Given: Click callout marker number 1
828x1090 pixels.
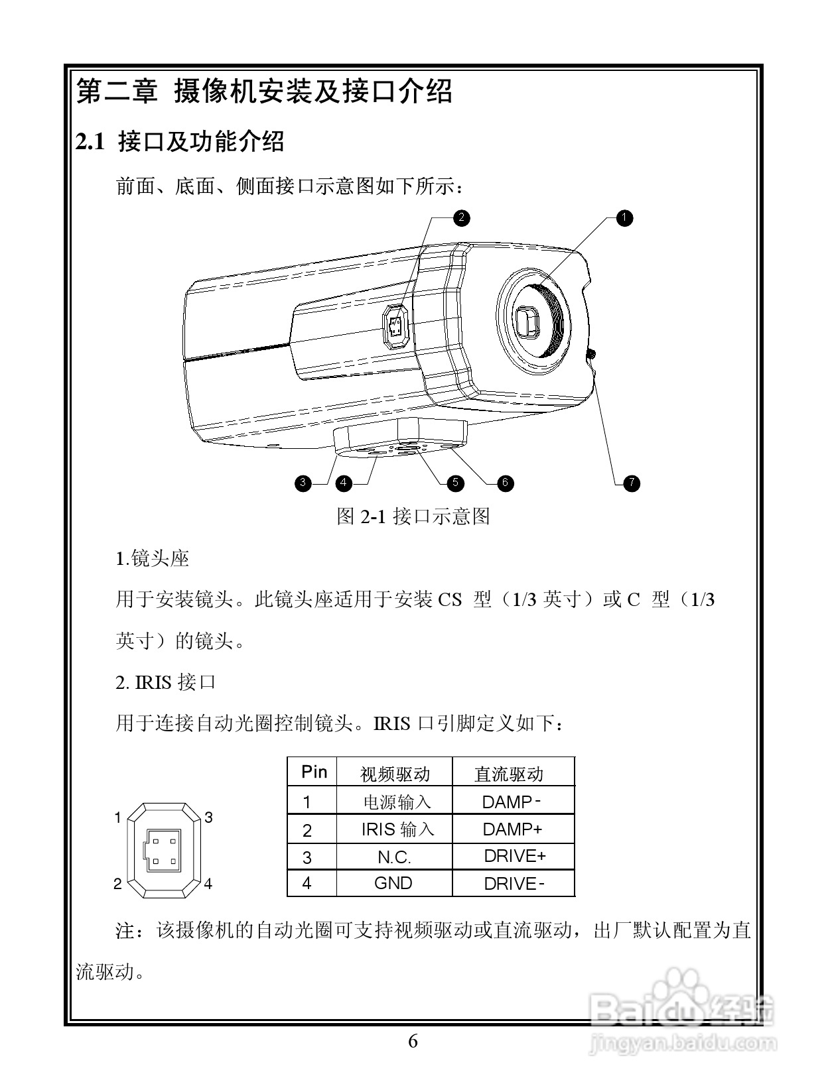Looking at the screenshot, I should pos(624,218).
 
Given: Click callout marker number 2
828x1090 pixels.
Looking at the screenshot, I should pos(461,218).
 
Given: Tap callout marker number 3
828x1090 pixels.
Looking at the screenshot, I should pos(303,483).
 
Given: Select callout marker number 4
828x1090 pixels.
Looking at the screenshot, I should pos(344,483).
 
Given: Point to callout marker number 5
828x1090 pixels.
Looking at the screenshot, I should pos(455,483).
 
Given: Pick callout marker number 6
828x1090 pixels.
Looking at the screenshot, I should pos(505,483).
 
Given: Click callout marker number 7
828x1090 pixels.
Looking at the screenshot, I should pos(632,483).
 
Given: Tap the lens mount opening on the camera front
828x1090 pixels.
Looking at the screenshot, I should pos(531,322).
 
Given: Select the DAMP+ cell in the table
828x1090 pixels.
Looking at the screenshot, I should pos(512,829).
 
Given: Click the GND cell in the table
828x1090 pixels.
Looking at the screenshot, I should pos(393,883).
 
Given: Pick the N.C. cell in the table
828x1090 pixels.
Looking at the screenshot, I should pos(394,857).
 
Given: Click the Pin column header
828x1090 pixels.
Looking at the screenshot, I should pos(314,772).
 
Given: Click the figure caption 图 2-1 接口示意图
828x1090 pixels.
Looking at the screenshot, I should pos(413,516).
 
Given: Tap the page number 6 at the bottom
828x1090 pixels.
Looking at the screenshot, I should pos(413,1042).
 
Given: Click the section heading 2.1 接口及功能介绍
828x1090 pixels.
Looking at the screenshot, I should pos(180,142).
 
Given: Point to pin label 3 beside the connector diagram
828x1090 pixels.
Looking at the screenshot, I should pos(208,817).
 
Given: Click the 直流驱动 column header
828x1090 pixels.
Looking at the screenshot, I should pos(509,774).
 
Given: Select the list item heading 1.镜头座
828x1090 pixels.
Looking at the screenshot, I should pos(153,559).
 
